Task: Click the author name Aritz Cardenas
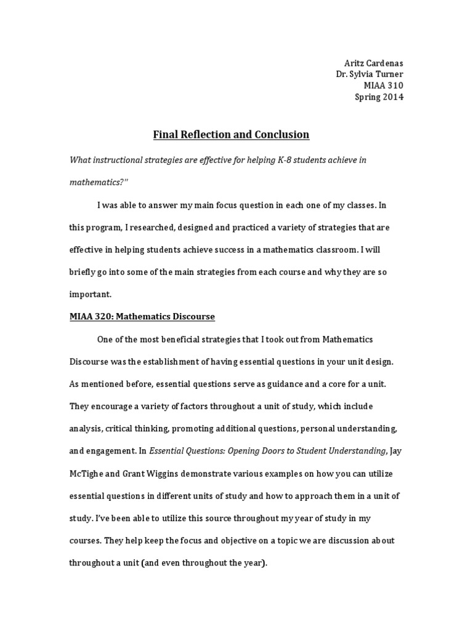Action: click(x=373, y=64)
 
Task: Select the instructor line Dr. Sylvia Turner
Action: click(x=370, y=75)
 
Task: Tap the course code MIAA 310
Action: click(x=384, y=86)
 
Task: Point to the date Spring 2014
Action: click(x=379, y=97)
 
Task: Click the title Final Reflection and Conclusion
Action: click(x=230, y=134)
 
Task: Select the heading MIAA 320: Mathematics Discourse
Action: click(x=142, y=316)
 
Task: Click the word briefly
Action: click(x=84, y=271)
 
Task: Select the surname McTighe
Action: click(x=87, y=473)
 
